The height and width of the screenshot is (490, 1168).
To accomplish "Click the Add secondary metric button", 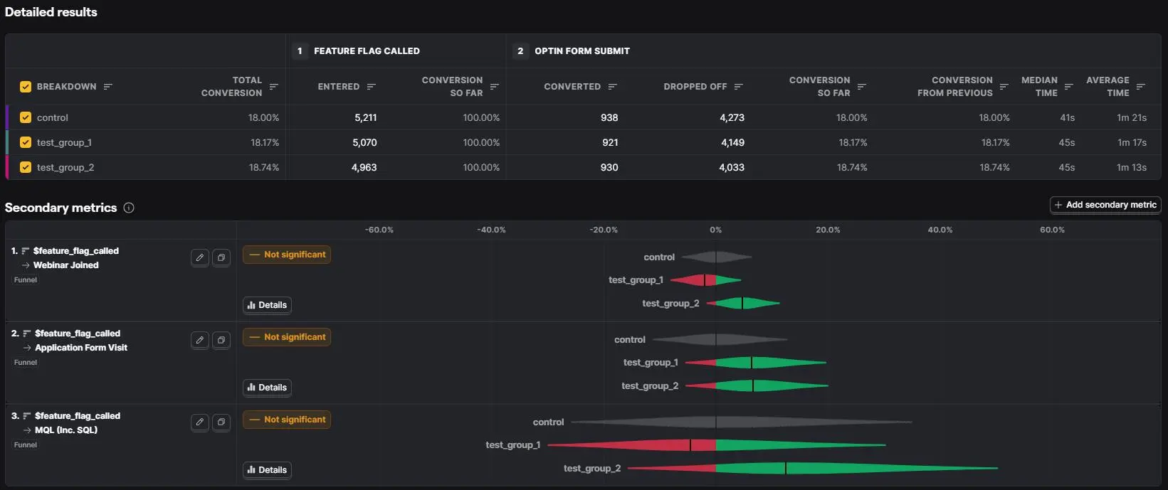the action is [x=1105, y=205].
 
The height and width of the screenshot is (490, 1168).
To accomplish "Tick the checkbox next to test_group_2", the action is [x=25, y=167].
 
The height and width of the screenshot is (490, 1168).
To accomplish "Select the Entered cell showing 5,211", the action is [x=366, y=118].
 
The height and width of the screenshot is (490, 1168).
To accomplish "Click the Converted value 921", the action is [x=610, y=142].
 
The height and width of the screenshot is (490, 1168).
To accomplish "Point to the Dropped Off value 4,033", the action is [x=732, y=167].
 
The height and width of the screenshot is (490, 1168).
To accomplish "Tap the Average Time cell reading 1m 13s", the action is [x=1132, y=167].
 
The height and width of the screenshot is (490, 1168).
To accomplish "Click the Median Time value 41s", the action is [x=1068, y=118].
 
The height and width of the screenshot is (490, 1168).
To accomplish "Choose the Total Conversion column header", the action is [x=231, y=87].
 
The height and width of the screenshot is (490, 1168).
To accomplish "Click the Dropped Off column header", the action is [x=695, y=87].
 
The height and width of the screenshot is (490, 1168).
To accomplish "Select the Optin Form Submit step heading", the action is [x=582, y=51].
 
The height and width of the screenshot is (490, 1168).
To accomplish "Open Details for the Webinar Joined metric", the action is [x=267, y=305].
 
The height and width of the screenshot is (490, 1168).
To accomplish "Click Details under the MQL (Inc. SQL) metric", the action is [x=267, y=469].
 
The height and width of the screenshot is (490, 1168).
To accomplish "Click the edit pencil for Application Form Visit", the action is [x=200, y=341].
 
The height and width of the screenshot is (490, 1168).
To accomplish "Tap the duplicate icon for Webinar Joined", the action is [x=221, y=257].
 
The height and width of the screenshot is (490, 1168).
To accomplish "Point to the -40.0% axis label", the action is [x=491, y=230].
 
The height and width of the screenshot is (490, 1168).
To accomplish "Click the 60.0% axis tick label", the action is [x=1052, y=230].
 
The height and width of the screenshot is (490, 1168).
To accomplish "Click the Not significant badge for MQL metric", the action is [x=287, y=420].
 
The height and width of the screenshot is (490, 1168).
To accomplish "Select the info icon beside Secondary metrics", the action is [x=129, y=208].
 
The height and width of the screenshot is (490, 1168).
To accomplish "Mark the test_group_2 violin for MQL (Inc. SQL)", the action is [x=813, y=468].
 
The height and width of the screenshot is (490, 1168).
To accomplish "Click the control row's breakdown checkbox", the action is [x=25, y=118].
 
